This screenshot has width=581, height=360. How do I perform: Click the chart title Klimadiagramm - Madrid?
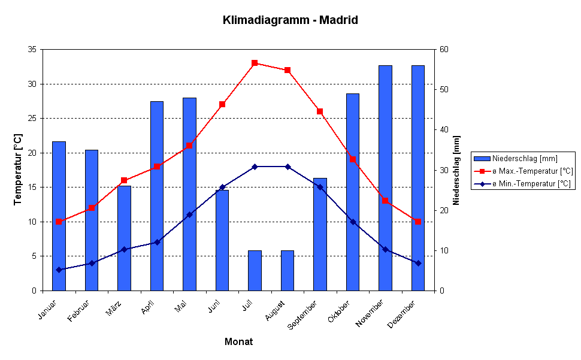pyautogui.click(x=290, y=20)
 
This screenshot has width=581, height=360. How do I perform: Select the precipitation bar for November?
pyautogui.click(x=385, y=180)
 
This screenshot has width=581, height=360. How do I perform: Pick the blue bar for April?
pyautogui.click(x=156, y=198)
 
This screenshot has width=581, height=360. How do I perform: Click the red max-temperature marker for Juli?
pyautogui.click(x=255, y=63)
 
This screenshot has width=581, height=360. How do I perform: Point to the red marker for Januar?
pyautogui.click(x=59, y=222)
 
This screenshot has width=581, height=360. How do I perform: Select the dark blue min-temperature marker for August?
pyautogui.click(x=288, y=167)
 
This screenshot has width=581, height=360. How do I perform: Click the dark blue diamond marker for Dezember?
pyautogui.click(x=418, y=263)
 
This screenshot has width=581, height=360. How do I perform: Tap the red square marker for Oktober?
pyautogui.click(x=353, y=159)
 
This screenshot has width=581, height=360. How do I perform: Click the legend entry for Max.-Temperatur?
pyautogui.click(x=530, y=171)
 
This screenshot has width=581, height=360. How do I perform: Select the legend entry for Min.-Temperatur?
pyautogui.click(x=530, y=184)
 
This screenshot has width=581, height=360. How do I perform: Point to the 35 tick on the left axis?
pyautogui.click(x=32, y=49)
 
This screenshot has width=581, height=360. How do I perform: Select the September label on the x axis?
pyautogui.click(x=303, y=315)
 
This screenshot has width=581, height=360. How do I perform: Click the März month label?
pyautogui.click(x=114, y=310)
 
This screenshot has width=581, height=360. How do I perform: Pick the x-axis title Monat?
pyautogui.click(x=238, y=342)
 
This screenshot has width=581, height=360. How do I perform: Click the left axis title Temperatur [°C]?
pyautogui.click(x=18, y=170)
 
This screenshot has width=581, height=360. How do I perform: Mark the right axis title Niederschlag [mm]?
pyautogui.click(x=457, y=170)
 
